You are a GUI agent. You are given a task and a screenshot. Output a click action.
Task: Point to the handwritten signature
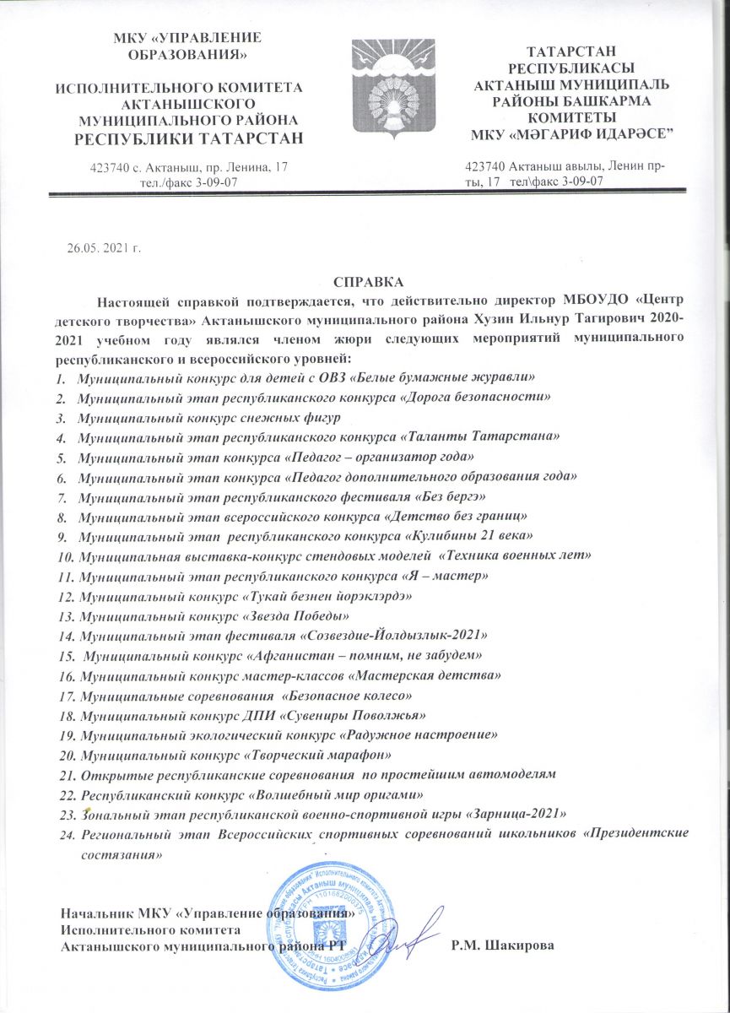[x=409, y=937]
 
